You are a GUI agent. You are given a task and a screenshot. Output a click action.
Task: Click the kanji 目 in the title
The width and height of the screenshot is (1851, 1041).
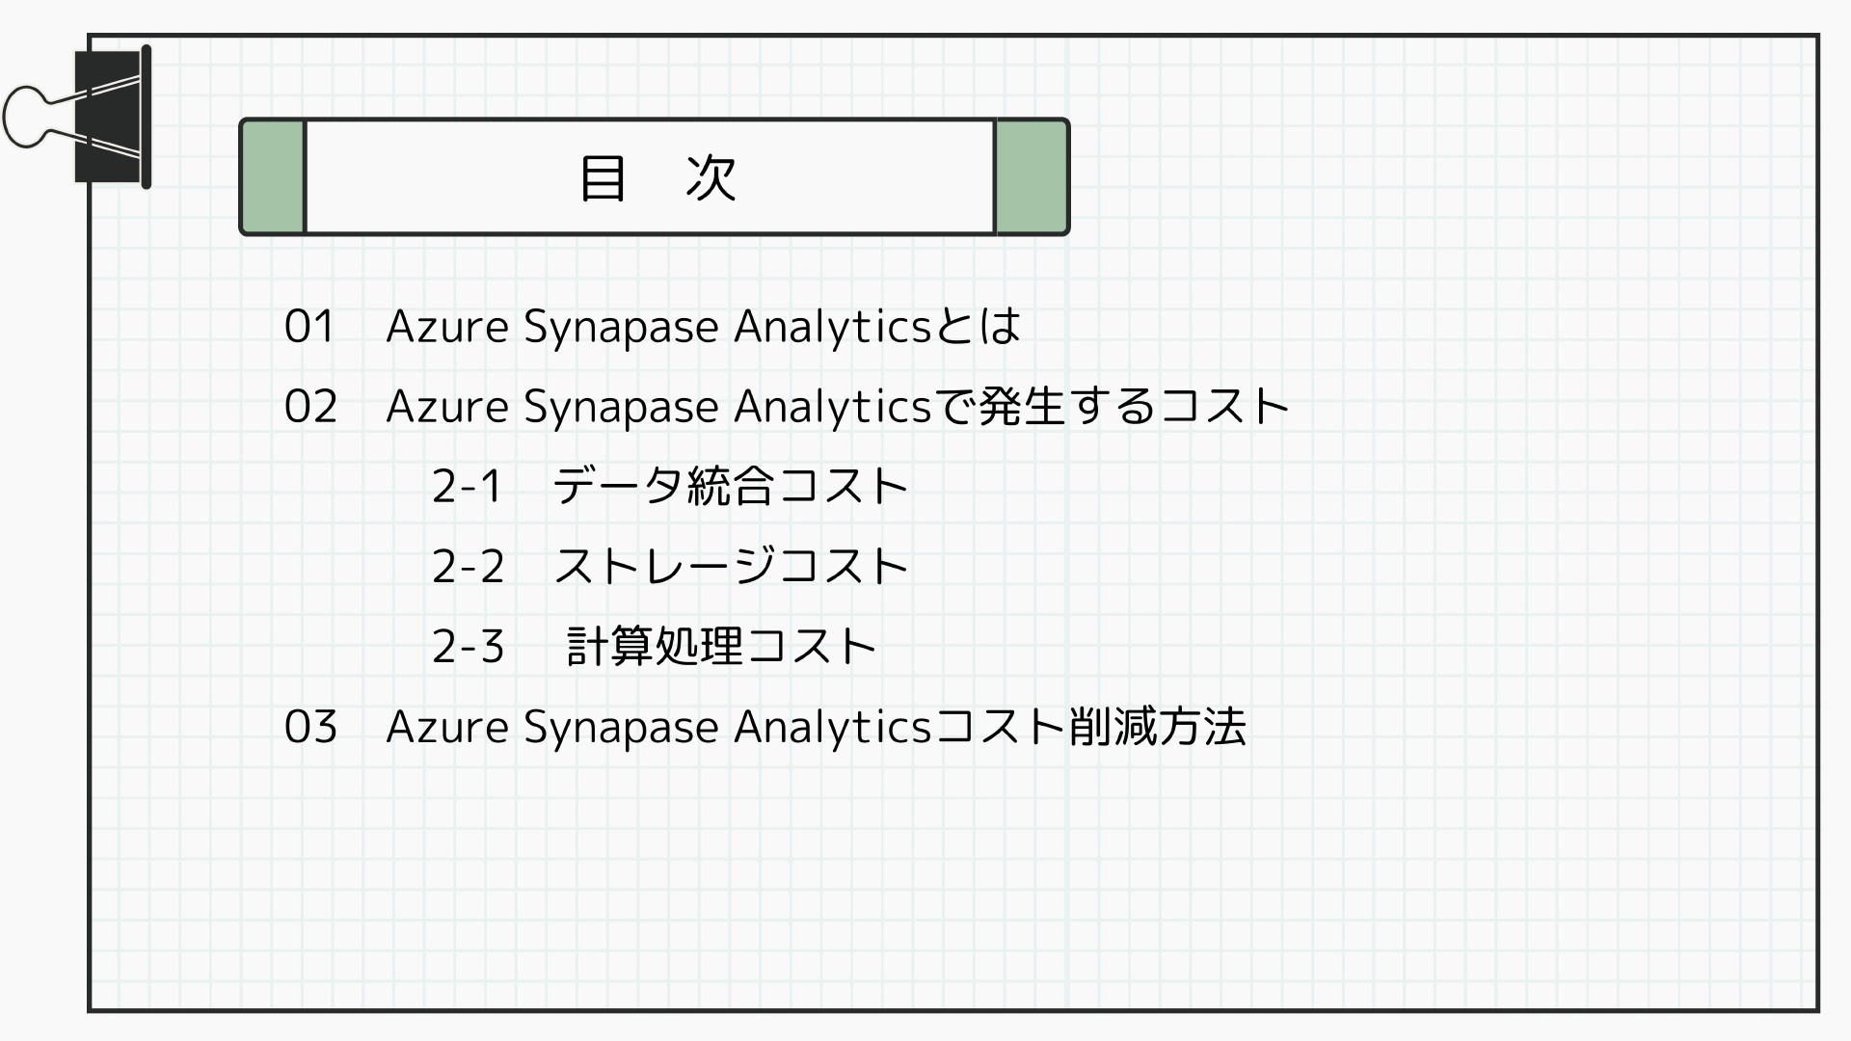point(603,177)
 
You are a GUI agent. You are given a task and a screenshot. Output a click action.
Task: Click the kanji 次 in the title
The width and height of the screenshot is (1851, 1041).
point(711,177)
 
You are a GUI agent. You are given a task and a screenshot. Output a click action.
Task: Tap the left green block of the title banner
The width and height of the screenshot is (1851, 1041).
point(273,176)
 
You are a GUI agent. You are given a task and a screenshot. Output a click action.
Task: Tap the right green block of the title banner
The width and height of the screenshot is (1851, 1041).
point(1032,176)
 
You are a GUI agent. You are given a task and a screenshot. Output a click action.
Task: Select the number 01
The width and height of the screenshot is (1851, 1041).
point(309,327)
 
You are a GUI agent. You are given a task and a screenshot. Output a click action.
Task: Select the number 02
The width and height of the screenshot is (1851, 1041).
point(310,407)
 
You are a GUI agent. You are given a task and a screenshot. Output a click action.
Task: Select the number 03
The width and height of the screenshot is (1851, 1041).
point(310,727)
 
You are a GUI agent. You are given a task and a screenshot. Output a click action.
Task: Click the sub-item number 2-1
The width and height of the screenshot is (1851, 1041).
point(467,486)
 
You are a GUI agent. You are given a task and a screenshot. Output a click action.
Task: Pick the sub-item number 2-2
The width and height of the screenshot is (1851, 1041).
point(469,566)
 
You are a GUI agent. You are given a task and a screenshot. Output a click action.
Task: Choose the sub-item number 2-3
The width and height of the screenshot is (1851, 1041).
point(469,646)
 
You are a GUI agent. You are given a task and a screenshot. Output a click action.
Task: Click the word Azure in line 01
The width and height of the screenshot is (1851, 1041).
point(447,327)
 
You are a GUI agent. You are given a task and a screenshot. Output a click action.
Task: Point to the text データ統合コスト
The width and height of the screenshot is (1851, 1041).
point(731,486)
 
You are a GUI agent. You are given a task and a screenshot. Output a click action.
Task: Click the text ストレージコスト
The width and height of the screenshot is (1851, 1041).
point(731,566)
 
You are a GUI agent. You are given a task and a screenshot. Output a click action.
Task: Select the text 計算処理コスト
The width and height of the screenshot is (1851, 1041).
point(721,646)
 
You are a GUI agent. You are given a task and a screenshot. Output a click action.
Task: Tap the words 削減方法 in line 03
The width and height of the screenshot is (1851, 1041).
point(1157,727)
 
